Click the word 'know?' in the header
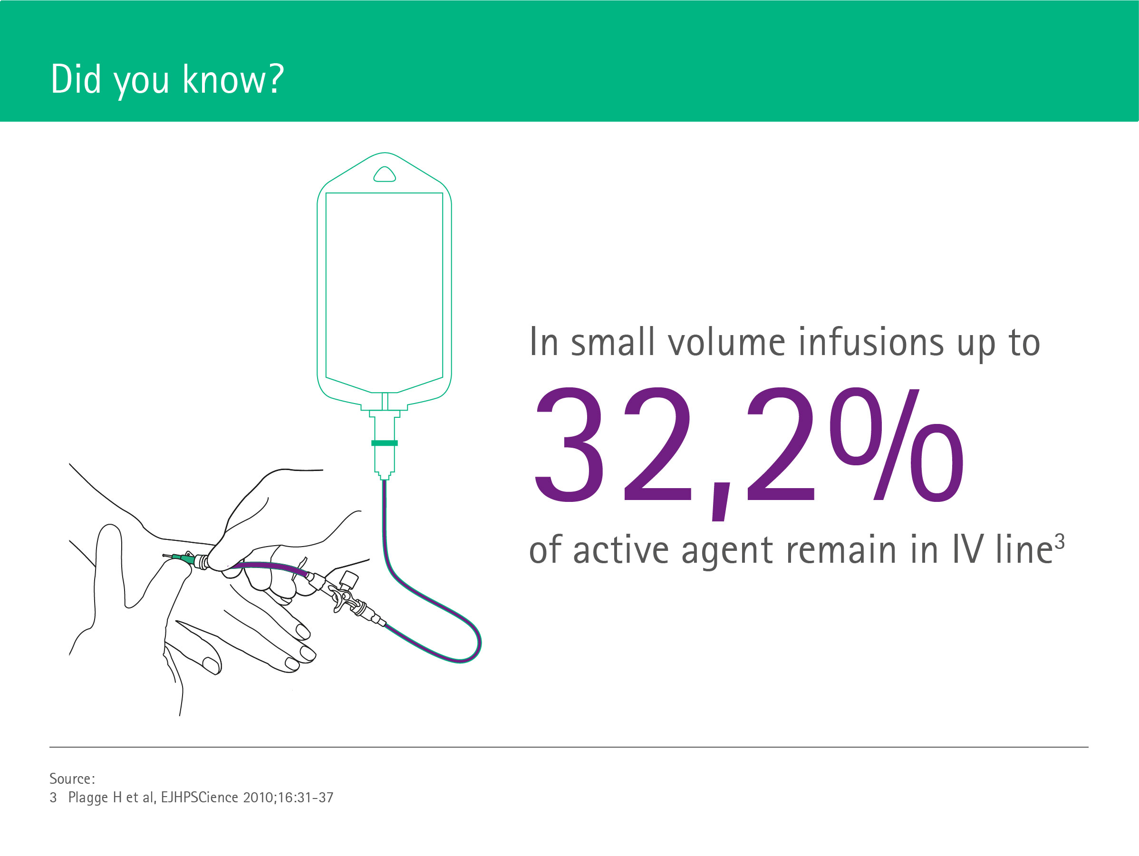click(233, 79)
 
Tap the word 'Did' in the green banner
click(76, 79)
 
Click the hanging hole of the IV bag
click(384, 174)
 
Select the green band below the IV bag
click(384, 443)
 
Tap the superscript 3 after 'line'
click(1059, 542)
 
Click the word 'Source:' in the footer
click(72, 778)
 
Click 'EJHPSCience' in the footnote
click(199, 798)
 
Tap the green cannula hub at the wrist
click(188, 558)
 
